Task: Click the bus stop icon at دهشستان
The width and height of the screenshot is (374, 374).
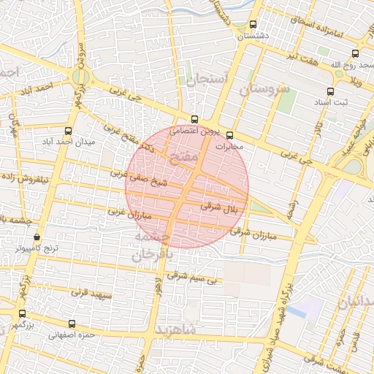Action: point(253,24)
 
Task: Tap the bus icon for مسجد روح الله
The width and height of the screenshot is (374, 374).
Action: point(355,53)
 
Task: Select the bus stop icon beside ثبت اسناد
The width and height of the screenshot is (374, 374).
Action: point(331,91)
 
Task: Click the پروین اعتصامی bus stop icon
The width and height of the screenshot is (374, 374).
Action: point(194,119)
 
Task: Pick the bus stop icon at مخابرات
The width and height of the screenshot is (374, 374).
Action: point(229,135)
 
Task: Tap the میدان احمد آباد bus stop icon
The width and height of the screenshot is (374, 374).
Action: point(68,131)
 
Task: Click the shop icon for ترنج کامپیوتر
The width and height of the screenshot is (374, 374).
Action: point(37,237)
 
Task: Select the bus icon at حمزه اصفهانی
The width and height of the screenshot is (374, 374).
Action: point(72,324)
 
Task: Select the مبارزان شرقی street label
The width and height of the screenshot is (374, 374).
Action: point(251,233)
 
